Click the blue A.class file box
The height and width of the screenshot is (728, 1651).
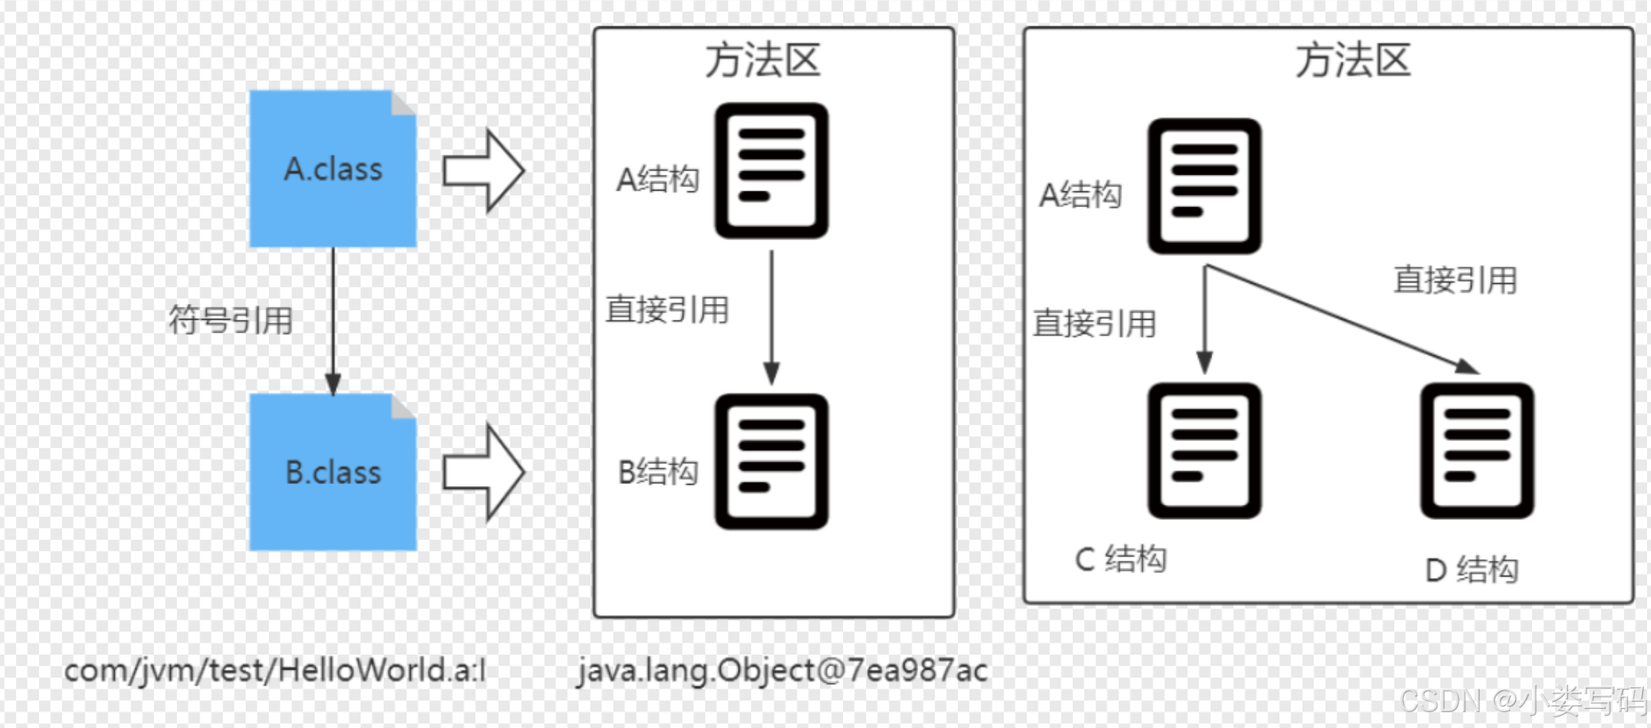pos(333,168)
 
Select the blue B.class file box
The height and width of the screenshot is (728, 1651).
pos(333,472)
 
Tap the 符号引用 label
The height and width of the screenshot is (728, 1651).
pos(231,321)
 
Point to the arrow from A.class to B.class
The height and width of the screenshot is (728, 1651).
pos(333,319)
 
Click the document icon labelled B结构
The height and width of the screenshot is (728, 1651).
pos(771,461)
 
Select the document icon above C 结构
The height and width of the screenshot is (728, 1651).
pos(1204,451)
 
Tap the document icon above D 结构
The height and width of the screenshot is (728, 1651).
pos(1477,451)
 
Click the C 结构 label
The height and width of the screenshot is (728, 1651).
pos(1121,559)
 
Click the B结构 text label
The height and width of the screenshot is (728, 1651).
pos(658,472)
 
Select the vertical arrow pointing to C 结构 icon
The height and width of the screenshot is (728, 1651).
pos(1205,319)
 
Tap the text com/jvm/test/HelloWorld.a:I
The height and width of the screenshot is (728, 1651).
pos(274,671)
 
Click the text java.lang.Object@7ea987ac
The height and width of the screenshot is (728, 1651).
pos(782,671)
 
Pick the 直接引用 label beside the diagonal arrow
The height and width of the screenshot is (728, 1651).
pos(1455,280)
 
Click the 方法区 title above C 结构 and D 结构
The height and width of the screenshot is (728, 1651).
pos(1353,61)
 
